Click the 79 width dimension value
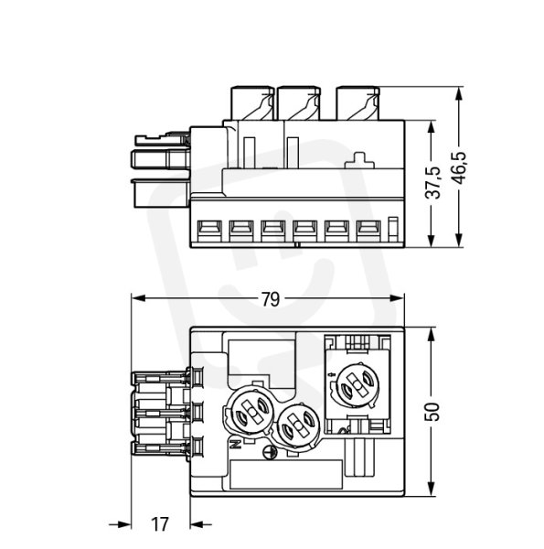[x=271, y=300]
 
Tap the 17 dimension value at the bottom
[x=160, y=524]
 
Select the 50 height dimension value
[x=432, y=412]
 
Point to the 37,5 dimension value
[x=432, y=182]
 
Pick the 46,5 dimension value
[x=458, y=167]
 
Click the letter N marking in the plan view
[x=236, y=445]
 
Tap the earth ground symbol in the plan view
[x=270, y=452]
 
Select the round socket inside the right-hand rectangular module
[x=357, y=384]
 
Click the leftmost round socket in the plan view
[x=251, y=411]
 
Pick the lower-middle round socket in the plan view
[x=298, y=425]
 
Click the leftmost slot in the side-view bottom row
[x=209, y=231]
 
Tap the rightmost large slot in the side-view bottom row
[x=368, y=231]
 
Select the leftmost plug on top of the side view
[x=251, y=102]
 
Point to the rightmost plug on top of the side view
[x=357, y=102]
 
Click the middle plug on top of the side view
[x=298, y=102]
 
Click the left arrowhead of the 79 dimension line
[x=138, y=298]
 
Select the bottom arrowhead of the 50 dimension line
[x=432, y=489]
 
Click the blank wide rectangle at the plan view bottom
[x=286, y=474]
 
